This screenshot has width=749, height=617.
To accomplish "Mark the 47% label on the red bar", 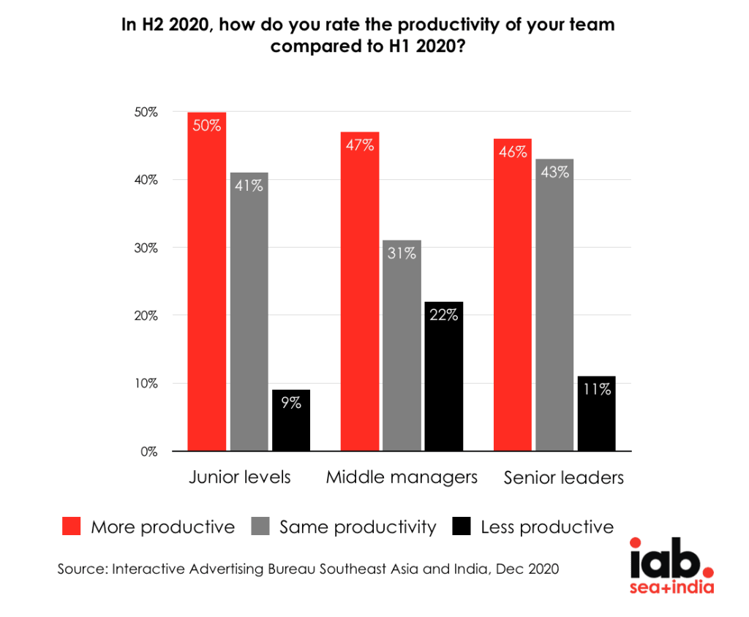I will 359,145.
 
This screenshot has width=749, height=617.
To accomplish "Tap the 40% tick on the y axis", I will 146,180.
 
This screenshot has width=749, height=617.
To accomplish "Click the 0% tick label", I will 149,452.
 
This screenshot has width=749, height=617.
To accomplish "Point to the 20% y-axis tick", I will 146,316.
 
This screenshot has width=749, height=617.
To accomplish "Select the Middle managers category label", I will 402,477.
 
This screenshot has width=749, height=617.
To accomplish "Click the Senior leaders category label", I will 563,478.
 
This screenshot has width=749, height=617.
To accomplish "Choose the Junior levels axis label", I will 240,477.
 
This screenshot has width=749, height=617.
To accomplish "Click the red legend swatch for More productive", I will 71,526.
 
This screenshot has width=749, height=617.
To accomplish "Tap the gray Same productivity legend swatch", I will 260,526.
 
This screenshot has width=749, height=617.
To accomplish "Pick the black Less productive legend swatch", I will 462,526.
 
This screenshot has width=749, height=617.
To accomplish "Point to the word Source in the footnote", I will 81,569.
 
